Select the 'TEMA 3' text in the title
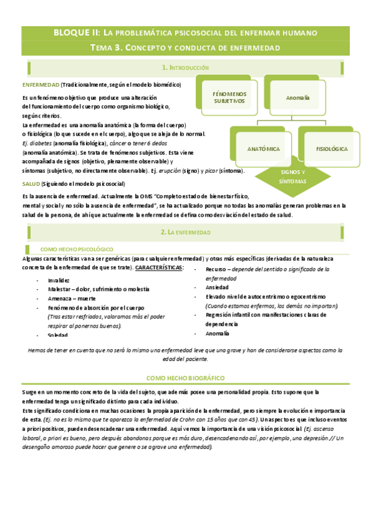[107, 47]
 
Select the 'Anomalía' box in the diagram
[297, 98]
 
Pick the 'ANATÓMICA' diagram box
[263, 149]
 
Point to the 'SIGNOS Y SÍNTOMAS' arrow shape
[292, 176]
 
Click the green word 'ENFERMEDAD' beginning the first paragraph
[40, 84]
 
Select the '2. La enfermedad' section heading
[185, 232]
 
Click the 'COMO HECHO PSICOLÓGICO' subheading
[72, 248]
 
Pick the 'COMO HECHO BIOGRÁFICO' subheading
[185, 378]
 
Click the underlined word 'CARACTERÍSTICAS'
[159, 267]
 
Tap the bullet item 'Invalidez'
[59, 280]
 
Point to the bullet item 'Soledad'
[58, 335]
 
